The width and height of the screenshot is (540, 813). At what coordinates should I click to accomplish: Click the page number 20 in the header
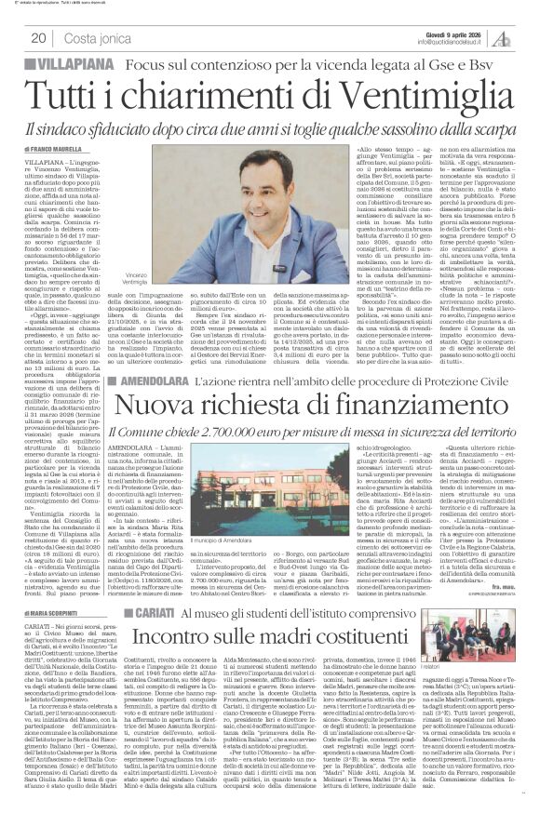pos(39,37)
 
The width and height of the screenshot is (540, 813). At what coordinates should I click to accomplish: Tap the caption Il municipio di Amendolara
pos(198,591)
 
